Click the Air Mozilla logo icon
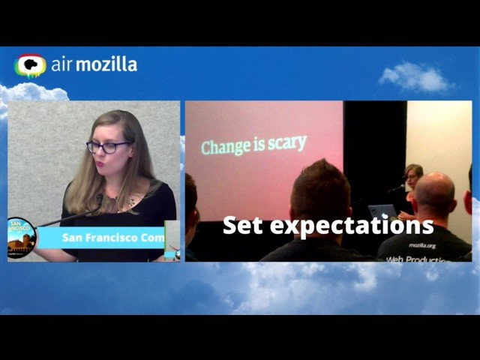click(30, 66)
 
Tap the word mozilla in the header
click(106, 64)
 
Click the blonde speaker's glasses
click(108, 147)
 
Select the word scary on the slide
click(286, 142)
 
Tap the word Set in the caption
click(241, 224)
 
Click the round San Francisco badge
click(20, 236)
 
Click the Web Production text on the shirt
click(418, 259)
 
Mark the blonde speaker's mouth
click(107, 163)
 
